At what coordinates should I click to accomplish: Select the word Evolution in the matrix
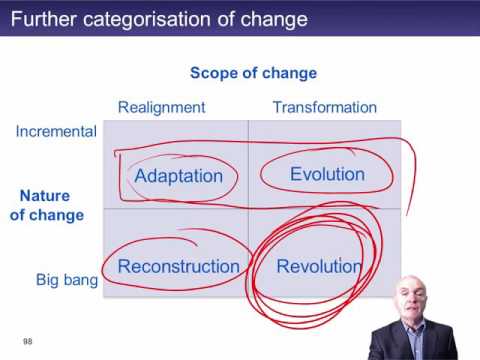[327, 174]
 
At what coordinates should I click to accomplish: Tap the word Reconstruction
[178, 266]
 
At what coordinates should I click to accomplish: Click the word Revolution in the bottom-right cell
[318, 266]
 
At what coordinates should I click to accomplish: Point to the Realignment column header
[160, 107]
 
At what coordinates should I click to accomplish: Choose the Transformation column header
[324, 107]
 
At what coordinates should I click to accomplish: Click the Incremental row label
[56, 131]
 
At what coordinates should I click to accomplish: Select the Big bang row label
[66, 280]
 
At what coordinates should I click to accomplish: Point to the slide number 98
[28, 340]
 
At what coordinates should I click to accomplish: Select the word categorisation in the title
[150, 20]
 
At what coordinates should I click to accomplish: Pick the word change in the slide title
[279, 20]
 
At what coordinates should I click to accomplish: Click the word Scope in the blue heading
[212, 73]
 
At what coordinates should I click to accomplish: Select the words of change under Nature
[47, 215]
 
